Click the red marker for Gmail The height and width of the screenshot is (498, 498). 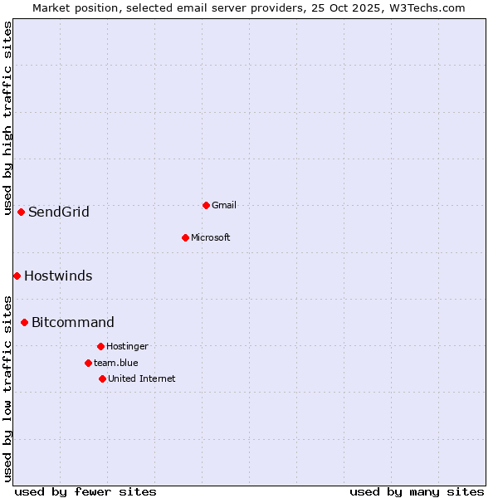pyautogui.click(x=206, y=205)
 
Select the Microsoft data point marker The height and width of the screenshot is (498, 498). pyautogui.click(x=185, y=237)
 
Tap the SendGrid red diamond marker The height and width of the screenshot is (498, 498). pyautogui.click(x=21, y=212)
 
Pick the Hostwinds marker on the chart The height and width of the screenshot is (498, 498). pyautogui.click(x=17, y=276)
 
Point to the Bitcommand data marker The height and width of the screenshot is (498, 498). pyautogui.click(x=24, y=322)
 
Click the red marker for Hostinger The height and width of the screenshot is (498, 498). pyautogui.click(x=100, y=346)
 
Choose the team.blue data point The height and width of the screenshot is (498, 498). pyautogui.click(x=88, y=363)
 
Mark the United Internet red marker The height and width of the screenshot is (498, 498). pyautogui.click(x=102, y=378)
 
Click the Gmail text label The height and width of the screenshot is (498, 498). pyautogui.click(x=224, y=205)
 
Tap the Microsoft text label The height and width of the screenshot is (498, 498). pyautogui.click(x=211, y=237)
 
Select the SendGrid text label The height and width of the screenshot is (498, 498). pyautogui.click(x=59, y=212)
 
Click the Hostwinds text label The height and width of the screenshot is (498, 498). pyautogui.click(x=58, y=276)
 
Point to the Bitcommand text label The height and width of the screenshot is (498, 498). pyautogui.click(x=73, y=322)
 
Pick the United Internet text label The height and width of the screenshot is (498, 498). pyautogui.click(x=142, y=378)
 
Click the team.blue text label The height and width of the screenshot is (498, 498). pyautogui.click(x=116, y=363)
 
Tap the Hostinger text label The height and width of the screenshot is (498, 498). pyautogui.click(x=127, y=346)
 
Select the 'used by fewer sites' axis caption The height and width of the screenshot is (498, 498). pyautogui.click(x=85, y=491)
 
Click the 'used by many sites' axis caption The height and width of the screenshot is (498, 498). pyautogui.click(x=417, y=491)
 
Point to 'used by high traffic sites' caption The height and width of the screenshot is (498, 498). pyautogui.click(x=7, y=118)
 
